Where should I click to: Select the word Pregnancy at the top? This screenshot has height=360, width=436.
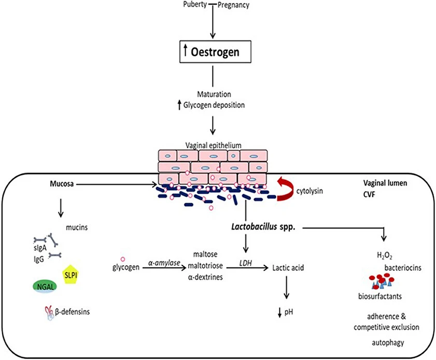(x=233, y=6)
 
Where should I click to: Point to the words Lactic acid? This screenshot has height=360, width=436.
(x=288, y=268)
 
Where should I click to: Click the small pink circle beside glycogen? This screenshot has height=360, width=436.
(x=122, y=259)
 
